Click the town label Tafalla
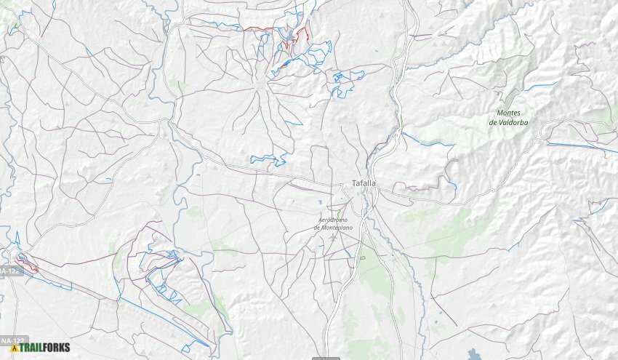click(x=364, y=183)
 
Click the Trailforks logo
click(x=41, y=348)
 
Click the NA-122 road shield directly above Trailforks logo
click(x=10, y=340)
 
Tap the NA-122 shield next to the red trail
click(x=9, y=271)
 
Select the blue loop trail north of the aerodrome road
click(x=268, y=159)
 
